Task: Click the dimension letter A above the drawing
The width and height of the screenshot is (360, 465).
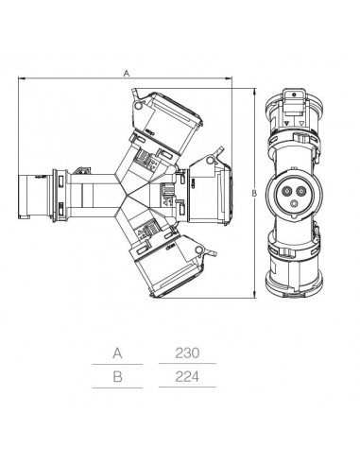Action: (127, 74)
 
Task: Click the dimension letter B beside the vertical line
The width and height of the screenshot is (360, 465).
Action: (254, 194)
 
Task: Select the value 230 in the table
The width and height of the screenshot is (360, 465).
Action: (187, 353)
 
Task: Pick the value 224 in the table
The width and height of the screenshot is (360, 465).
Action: (187, 376)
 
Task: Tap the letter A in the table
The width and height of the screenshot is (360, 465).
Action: (117, 353)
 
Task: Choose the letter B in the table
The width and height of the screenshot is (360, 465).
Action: (117, 377)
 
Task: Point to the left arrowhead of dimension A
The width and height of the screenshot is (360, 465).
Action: (22, 77)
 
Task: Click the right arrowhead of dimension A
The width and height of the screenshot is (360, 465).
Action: (229, 77)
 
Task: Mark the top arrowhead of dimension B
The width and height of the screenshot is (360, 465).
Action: (254, 91)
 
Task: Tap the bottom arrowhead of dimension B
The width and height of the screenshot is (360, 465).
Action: (254, 295)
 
